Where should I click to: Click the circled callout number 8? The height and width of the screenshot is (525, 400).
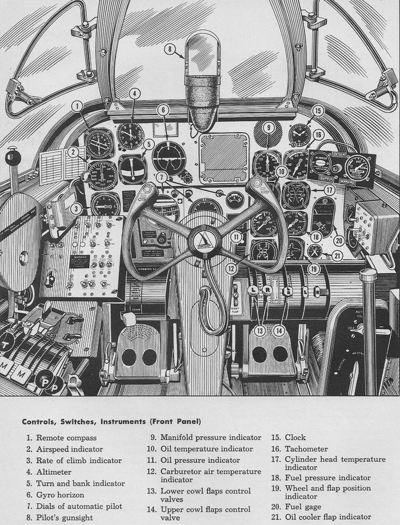(x=170, y=49)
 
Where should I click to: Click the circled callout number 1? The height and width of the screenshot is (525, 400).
(x=77, y=105)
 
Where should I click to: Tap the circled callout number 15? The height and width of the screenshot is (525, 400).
(x=318, y=111)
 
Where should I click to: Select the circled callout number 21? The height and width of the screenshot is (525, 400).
(x=337, y=255)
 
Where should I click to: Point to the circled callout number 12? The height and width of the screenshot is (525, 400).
(x=231, y=268)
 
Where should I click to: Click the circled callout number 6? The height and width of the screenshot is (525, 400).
(x=163, y=110)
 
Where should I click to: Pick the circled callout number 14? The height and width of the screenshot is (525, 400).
(x=279, y=330)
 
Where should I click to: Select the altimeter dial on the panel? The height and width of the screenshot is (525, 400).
(x=131, y=135)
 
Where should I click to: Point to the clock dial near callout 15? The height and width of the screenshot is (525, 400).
(x=299, y=135)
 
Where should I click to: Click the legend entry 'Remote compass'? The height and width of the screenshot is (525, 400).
(x=59, y=438)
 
